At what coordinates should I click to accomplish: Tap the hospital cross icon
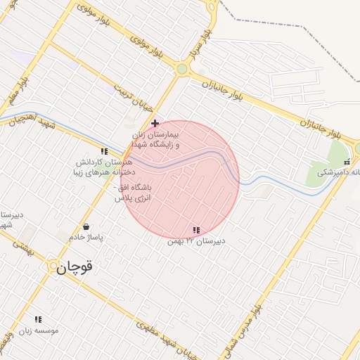[x=155, y=123]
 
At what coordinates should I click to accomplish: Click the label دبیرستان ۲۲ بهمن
[x=195, y=241]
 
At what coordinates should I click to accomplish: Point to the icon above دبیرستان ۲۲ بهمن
[x=195, y=230]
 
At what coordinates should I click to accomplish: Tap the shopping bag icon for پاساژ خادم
[x=86, y=227]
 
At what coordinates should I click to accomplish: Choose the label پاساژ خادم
[x=85, y=238]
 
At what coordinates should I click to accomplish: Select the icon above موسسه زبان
[x=38, y=319]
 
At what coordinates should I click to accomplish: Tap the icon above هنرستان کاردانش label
[x=104, y=151]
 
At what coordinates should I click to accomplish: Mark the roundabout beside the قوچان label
[x=53, y=266]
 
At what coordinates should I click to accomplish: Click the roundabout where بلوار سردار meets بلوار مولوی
[x=183, y=69]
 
